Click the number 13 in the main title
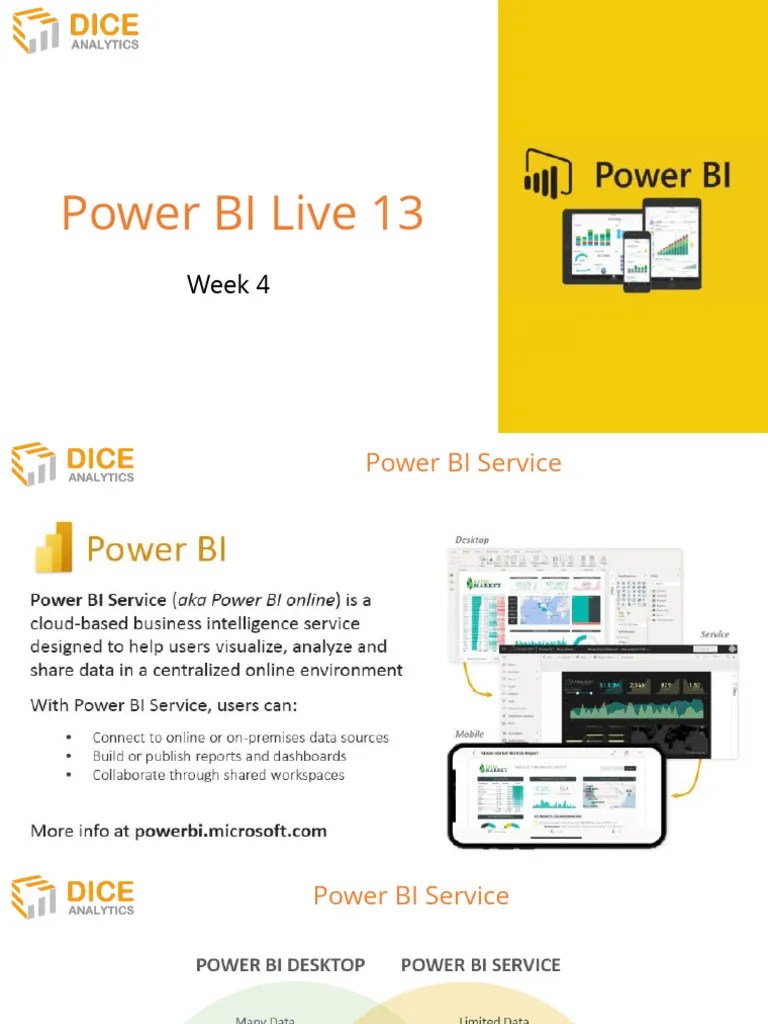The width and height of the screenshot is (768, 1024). tap(396, 214)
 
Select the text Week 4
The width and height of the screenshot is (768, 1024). tap(228, 284)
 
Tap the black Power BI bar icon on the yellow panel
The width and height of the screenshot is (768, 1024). tap(547, 173)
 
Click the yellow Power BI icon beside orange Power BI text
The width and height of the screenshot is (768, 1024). tap(54, 548)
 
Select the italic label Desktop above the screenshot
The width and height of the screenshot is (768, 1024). tap(472, 540)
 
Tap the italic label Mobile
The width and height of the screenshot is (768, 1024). tap(469, 734)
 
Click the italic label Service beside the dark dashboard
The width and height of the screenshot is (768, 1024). tap(714, 634)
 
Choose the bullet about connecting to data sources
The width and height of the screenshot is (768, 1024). tap(240, 738)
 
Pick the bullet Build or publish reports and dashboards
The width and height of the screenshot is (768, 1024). tap(219, 756)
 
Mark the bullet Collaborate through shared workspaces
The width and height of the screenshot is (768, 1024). tap(218, 775)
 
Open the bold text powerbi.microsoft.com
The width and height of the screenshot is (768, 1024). tap(230, 831)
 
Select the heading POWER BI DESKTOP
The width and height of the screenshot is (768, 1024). tap(280, 965)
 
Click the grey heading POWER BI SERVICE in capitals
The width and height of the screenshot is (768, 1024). tap(480, 965)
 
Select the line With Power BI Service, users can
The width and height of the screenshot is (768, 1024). tap(163, 705)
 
